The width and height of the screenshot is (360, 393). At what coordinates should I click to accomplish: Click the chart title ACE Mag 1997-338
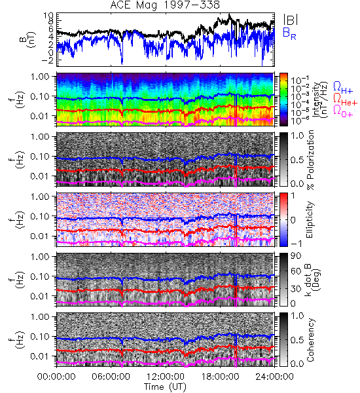[165, 5]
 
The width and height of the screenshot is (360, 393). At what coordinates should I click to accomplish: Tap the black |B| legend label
[291, 20]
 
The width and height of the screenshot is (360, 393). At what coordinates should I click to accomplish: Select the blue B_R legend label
[289, 33]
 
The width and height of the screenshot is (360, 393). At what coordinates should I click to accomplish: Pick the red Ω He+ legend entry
[345, 99]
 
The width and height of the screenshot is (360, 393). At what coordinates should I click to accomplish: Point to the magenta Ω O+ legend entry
[343, 111]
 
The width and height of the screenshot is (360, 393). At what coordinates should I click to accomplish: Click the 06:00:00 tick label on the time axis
[111, 377]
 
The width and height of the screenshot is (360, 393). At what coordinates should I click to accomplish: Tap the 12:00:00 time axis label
[166, 377]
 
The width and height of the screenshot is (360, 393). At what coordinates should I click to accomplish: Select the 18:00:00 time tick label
[220, 377]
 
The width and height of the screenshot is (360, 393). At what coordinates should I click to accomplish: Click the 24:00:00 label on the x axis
[274, 377]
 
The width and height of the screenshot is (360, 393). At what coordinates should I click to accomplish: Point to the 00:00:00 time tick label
[56, 377]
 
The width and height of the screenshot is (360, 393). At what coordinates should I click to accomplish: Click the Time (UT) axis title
[166, 386]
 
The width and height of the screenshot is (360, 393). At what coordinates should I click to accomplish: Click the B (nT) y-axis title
[29, 39]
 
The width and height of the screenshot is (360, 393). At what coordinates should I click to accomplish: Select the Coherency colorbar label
[311, 340]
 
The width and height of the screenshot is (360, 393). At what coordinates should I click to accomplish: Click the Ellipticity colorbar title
[310, 220]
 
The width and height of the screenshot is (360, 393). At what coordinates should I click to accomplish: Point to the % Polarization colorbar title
[311, 160]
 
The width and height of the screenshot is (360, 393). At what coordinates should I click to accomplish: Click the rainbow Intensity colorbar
[283, 100]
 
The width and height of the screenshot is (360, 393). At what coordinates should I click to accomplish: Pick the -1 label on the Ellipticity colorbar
[297, 244]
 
